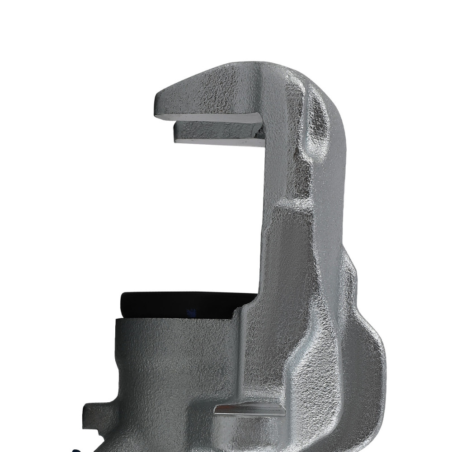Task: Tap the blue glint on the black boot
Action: click(x=192, y=312)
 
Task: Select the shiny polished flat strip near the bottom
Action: click(x=250, y=410)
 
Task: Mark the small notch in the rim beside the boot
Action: click(x=235, y=312)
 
